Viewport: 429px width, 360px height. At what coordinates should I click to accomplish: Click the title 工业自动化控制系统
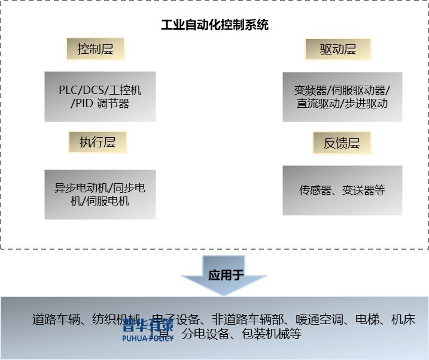click(215, 25)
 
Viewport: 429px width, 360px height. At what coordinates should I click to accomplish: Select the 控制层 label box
click(95, 49)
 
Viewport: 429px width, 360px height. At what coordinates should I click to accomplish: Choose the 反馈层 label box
click(342, 143)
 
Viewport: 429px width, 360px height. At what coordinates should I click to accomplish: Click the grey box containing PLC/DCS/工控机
click(99, 96)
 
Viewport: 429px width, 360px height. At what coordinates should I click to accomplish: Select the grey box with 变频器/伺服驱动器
click(342, 96)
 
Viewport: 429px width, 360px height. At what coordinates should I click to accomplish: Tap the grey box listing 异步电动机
click(99, 194)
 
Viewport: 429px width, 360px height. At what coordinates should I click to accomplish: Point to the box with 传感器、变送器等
click(342, 190)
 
